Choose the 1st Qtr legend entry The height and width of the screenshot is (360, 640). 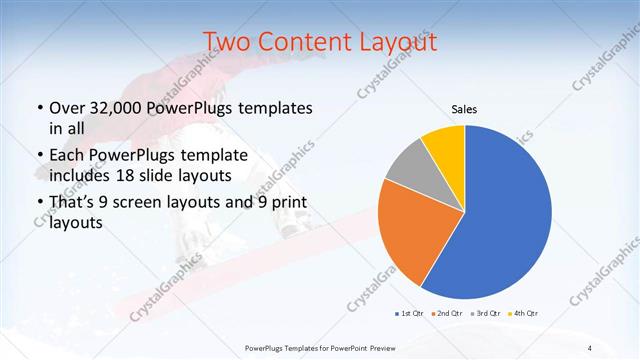410,314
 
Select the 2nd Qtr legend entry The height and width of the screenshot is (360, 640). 446,314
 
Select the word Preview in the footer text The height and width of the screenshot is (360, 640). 380,347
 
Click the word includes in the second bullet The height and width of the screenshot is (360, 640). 81,175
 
